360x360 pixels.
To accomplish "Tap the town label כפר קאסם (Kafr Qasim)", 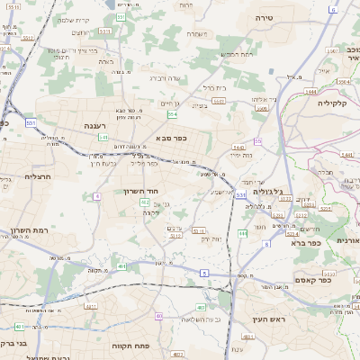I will [312, 280].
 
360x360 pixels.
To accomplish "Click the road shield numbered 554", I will [171, 113].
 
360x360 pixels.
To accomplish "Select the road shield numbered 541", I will [103, 138].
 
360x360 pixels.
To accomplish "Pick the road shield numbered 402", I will [145, 203].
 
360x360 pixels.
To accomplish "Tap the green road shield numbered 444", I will [241, 234].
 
